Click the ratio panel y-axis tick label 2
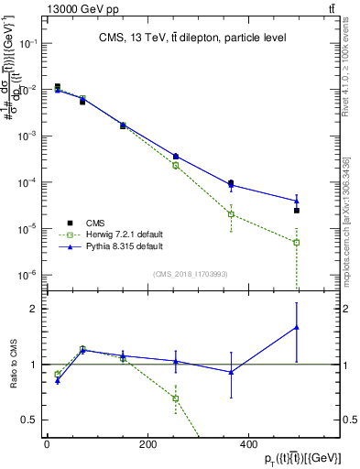[x=33, y=310]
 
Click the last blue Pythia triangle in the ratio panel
[x=297, y=327]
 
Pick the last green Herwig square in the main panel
[x=297, y=243]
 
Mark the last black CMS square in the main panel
[x=297, y=211]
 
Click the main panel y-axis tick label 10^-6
[x=28, y=275]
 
